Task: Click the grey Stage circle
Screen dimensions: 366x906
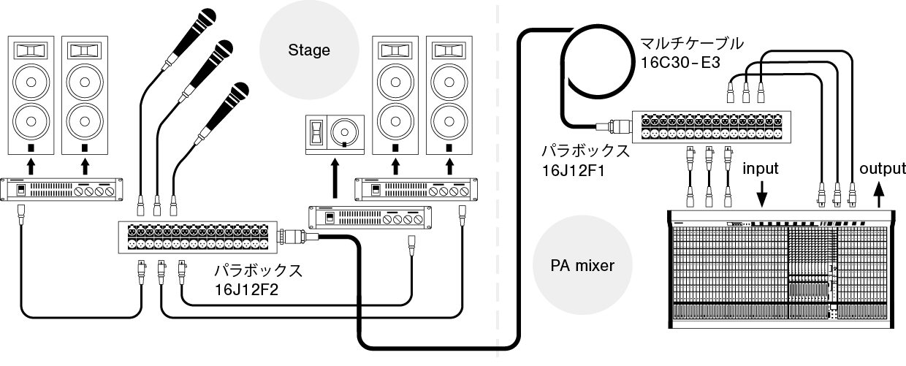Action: (x=309, y=50)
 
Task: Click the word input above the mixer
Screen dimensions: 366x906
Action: (x=761, y=169)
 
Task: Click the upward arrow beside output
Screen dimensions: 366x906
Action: (x=879, y=194)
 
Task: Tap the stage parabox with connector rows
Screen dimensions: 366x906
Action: (x=197, y=236)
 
